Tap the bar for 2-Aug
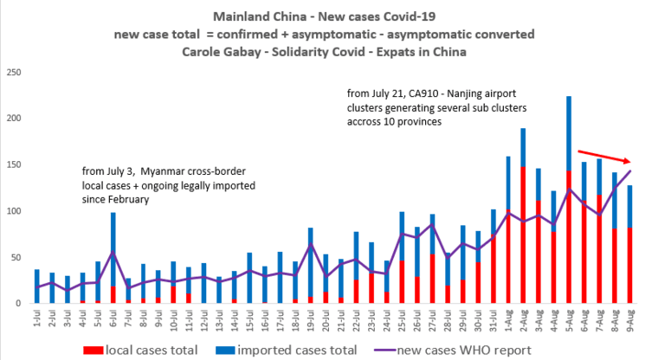(x=523, y=216)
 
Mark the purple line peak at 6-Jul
(x=113, y=253)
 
